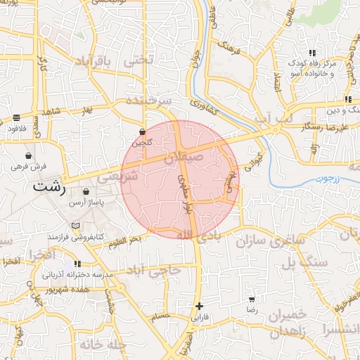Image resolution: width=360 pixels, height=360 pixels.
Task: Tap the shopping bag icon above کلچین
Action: pyautogui.click(x=143, y=131)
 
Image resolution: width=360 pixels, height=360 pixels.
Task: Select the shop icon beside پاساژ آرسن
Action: pyautogui.click(x=86, y=191)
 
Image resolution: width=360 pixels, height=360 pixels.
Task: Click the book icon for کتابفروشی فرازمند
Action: pyautogui.click(x=75, y=226)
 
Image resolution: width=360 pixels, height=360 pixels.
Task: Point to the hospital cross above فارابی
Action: pyautogui.click(x=200, y=306)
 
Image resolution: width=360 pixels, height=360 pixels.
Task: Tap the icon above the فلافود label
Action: pyautogui.click(x=16, y=117)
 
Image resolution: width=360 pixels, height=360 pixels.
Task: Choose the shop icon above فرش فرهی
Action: pyautogui.click(x=28, y=155)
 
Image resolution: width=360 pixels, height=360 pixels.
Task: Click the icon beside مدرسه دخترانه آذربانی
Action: pyautogui.click(x=77, y=264)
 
